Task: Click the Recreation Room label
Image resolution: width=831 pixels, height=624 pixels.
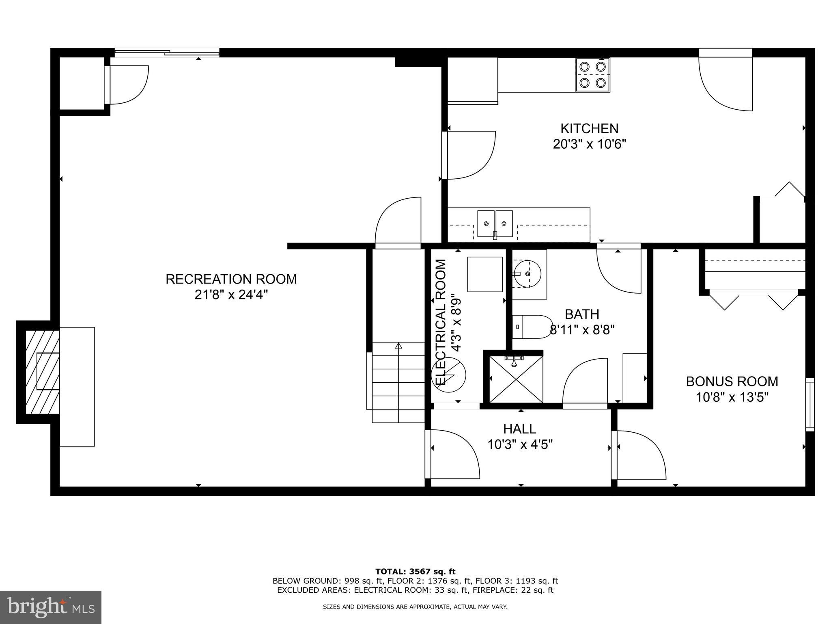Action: pos(231,279)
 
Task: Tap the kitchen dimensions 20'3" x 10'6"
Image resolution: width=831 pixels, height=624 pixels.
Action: pos(590,144)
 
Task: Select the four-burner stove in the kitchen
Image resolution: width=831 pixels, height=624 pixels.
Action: pos(592,75)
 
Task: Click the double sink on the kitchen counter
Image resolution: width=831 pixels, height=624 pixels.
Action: pos(495,223)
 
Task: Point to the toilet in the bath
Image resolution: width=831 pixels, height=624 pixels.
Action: pos(532,327)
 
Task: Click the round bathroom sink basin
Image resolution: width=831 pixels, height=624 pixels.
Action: pos(527,274)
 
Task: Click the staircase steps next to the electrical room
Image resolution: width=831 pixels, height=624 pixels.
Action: pos(398,382)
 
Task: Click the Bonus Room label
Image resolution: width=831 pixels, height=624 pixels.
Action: pos(732,381)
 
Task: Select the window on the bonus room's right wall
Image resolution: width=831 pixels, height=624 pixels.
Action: pos(809,404)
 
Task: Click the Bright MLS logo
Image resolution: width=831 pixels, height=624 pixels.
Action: pos(51,607)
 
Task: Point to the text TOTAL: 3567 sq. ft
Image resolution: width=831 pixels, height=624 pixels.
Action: pos(415,572)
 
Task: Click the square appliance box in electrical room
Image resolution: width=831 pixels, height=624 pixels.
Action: pos(485,274)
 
